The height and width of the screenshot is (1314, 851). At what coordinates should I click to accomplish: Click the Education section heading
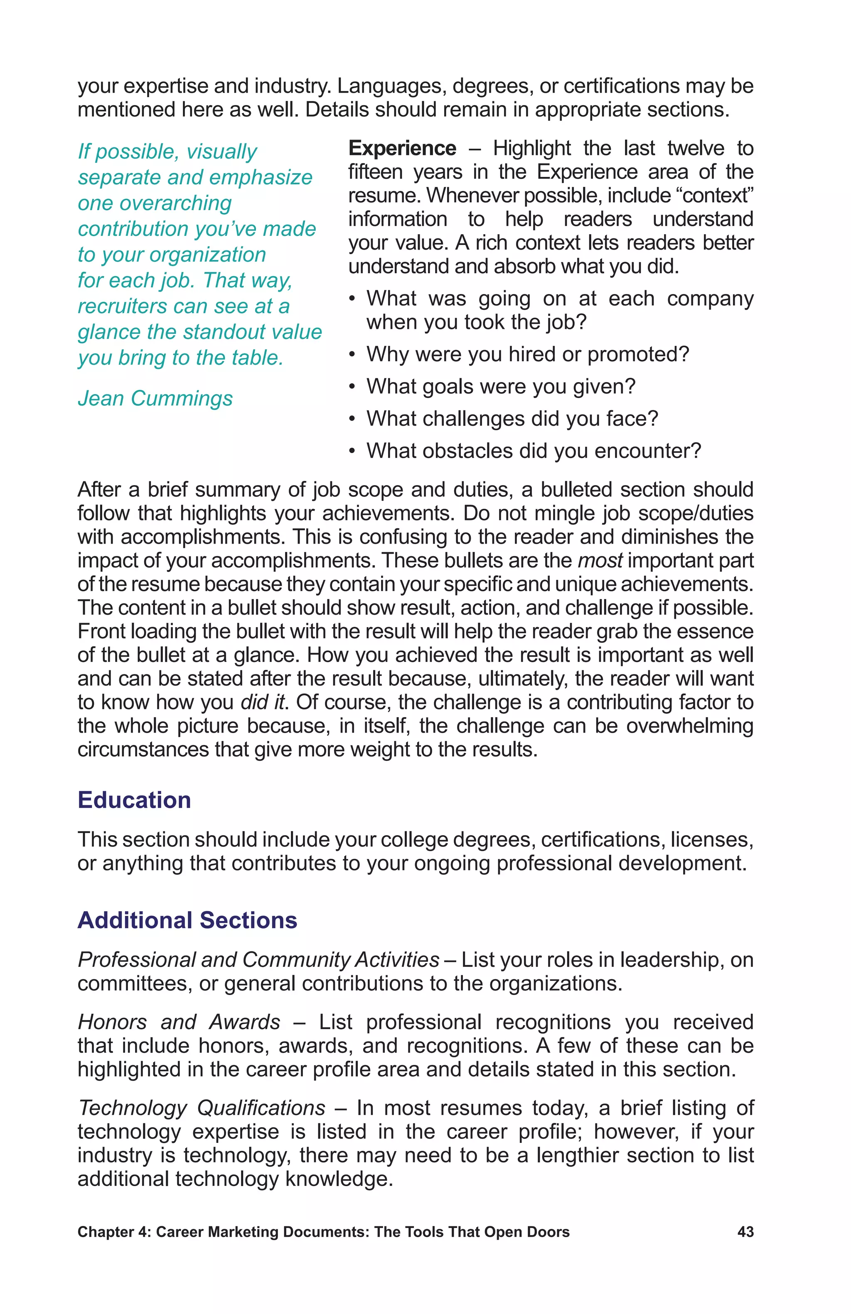134,800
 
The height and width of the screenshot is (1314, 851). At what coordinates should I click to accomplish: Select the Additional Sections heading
187,920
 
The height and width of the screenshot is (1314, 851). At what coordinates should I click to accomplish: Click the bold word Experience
402,149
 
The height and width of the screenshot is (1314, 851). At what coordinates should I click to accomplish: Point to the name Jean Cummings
155,398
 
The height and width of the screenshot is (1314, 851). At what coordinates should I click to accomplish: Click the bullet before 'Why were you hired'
352,355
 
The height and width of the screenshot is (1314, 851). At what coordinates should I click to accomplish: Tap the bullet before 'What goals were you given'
352,387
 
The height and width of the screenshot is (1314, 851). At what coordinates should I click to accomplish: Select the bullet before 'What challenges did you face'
352,419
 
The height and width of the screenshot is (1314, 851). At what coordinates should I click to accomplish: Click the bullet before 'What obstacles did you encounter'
352,451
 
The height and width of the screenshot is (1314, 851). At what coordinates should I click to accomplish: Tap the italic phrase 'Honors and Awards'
179,1022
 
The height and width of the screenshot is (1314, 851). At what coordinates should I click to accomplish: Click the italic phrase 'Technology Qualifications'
202,1108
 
